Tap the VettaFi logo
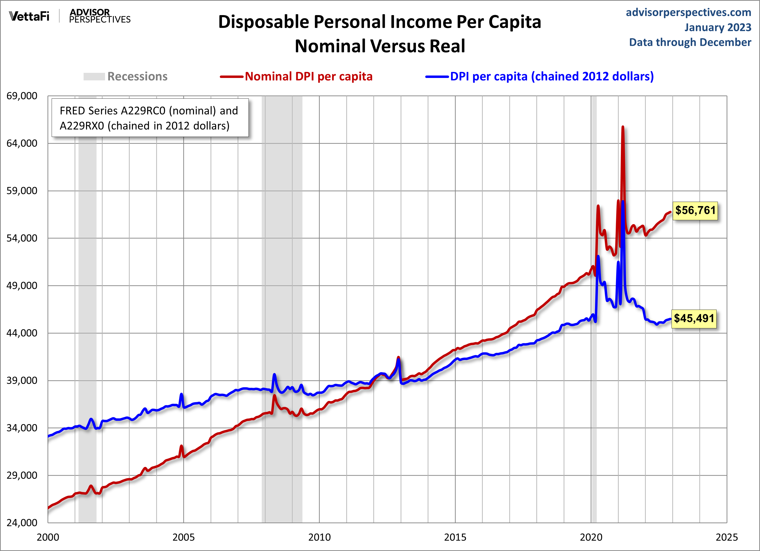coord(29,16)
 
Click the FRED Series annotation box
coord(150,118)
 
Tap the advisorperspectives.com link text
coord(688,12)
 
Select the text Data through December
coord(690,42)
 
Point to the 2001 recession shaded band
coord(87,302)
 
